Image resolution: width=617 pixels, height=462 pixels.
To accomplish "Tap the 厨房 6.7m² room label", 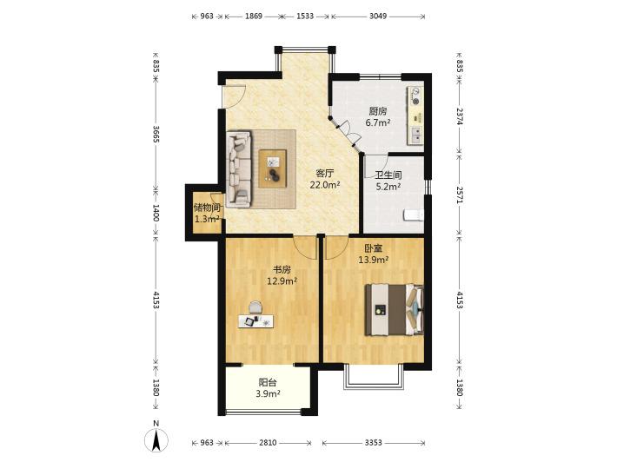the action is coord(378,116).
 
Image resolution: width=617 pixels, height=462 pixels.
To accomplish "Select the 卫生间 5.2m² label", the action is coord(388,181).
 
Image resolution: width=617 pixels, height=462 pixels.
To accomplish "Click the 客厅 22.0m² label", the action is coord(325,179).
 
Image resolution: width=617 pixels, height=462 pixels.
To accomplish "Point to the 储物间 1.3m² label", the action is coord(207,213).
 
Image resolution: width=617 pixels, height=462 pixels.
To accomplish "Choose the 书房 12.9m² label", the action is coord(282,275).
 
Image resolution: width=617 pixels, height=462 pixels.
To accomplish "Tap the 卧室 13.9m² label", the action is coord(374,254).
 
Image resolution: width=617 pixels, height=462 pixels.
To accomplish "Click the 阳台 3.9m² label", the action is coord(268,387).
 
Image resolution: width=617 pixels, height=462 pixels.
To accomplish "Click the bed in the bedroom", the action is coord(395,310).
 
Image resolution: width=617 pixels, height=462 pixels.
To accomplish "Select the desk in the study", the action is coord(255,320).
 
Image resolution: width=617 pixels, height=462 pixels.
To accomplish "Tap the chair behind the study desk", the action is coord(255,307).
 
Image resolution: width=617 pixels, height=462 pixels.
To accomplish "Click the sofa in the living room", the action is coord(239,169).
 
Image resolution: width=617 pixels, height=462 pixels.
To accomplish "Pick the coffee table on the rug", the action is coord(273,168).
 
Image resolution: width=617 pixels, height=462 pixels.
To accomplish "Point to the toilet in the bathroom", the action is coord(414,215).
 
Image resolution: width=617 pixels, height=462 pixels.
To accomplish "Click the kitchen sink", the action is coord(415,134).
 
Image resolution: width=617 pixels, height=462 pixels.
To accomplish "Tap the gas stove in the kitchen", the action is coord(415,96).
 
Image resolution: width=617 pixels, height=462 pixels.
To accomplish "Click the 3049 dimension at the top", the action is coord(378,16).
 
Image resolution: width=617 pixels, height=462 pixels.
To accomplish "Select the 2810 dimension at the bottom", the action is coord(268,443).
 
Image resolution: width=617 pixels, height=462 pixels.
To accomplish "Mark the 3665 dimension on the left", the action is coord(156,135).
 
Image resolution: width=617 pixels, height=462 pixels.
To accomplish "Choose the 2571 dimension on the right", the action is coord(460,195).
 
